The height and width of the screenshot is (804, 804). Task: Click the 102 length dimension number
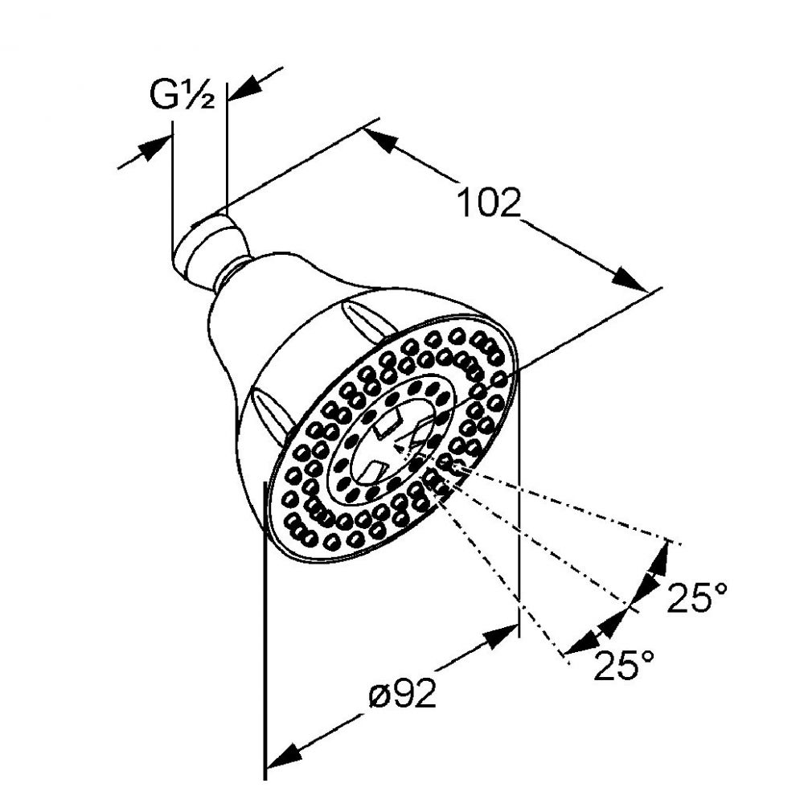pos(488,203)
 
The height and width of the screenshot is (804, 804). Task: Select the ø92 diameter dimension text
pos(403,693)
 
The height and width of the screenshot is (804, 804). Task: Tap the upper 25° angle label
pos(697,597)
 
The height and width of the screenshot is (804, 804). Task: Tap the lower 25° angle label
pos(624,665)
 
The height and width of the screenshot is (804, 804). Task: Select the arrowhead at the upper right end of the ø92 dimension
pos(499,636)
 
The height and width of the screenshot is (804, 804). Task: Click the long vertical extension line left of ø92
pos(265,630)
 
